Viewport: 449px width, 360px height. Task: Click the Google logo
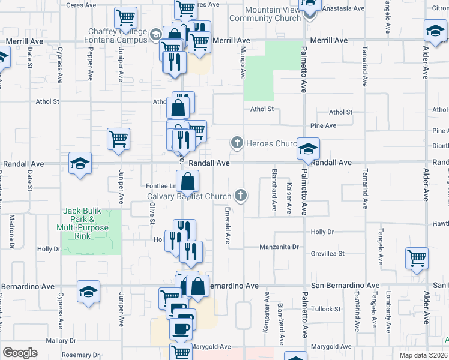20,353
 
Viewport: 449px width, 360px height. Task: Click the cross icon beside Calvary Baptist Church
241,195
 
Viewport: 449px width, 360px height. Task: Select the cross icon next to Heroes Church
237,143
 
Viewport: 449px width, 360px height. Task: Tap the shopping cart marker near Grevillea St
417,259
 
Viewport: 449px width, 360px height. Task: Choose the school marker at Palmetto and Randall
308,149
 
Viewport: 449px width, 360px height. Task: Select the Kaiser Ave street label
289,198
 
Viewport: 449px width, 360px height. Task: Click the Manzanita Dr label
279,247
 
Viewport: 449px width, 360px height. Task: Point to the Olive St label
152,213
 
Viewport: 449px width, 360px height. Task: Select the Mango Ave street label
243,63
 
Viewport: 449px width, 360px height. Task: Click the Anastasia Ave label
344,8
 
